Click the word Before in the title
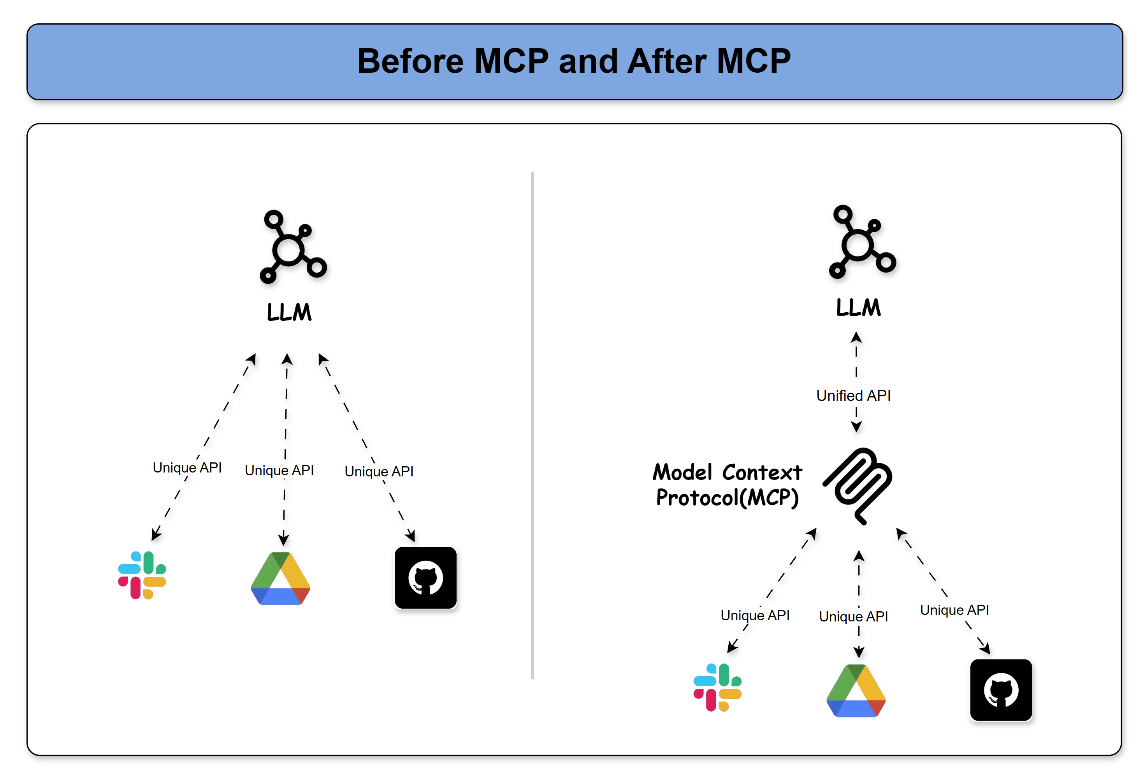pyautogui.click(x=410, y=61)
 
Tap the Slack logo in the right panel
pyautogui.click(x=717, y=687)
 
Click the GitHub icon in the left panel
pyautogui.click(x=425, y=578)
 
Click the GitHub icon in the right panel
pyautogui.click(x=1001, y=690)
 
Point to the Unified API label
pyautogui.click(x=853, y=395)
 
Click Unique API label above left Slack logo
pyautogui.click(x=187, y=467)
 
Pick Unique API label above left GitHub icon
pyautogui.click(x=379, y=471)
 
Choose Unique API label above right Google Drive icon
pyautogui.click(x=853, y=616)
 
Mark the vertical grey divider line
pyautogui.click(x=532, y=425)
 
